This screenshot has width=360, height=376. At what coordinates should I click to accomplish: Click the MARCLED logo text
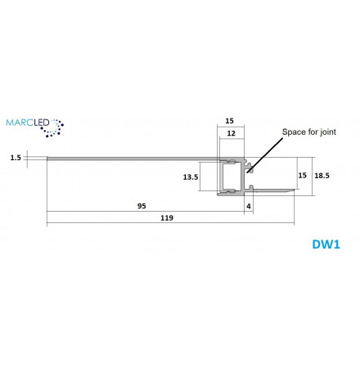[28, 123]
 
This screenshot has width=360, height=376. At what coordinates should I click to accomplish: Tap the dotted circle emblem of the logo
[52, 128]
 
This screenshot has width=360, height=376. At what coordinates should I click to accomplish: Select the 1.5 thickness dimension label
[16, 158]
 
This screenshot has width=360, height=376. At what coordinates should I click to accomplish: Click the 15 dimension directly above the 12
[230, 121]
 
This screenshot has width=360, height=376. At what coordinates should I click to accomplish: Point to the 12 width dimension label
[232, 133]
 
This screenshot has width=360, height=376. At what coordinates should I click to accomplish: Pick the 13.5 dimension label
[191, 177]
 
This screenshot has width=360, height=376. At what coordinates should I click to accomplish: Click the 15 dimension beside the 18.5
[302, 175]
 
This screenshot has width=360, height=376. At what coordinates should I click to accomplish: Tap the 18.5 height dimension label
[322, 176]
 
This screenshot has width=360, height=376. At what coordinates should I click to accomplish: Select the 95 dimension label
[142, 206]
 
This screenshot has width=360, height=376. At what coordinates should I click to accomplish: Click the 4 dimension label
[249, 206]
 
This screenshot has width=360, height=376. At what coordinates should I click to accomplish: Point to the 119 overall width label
[167, 218]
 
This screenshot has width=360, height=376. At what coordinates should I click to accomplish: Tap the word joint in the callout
[328, 132]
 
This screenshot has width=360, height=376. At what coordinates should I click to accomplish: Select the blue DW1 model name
[326, 244]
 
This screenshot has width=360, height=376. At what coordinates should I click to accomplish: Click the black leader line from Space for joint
[265, 155]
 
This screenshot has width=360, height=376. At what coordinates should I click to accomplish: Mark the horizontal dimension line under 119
[170, 223]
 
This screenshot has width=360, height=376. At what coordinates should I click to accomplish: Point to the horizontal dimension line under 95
[146, 211]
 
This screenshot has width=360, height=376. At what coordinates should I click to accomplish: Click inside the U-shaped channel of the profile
[232, 177]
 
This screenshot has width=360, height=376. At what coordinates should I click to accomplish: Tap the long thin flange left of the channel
[133, 159]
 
